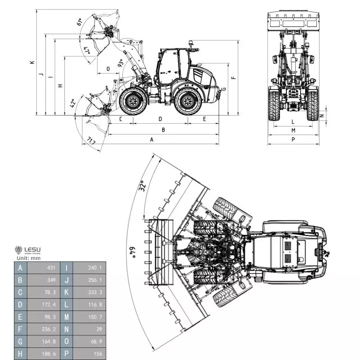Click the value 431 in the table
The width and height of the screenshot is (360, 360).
[x=51, y=268]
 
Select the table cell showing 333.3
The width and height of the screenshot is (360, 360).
[x=95, y=292]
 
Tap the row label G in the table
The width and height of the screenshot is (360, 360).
[x=20, y=342]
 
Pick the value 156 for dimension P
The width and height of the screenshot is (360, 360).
[x=98, y=354]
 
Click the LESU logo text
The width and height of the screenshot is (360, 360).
[x=32, y=249]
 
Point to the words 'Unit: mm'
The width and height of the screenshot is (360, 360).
[x=28, y=258]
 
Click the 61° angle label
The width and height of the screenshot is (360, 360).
[x=80, y=22]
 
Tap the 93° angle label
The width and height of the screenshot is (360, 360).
[x=120, y=63]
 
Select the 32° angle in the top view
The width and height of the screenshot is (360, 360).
[x=142, y=186]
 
